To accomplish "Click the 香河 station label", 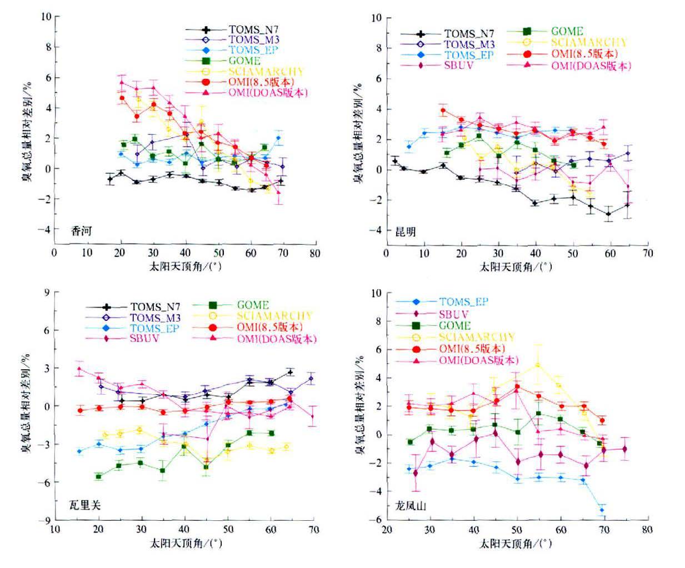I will click(81, 231).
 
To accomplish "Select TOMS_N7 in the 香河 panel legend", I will click(253, 29).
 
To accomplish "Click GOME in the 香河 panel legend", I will click(244, 61).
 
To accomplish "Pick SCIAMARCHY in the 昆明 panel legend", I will click(588, 42).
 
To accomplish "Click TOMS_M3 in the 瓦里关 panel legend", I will click(155, 318).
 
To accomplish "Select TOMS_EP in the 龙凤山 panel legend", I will click(463, 302).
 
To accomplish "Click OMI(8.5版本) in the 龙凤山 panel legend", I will click(472, 349).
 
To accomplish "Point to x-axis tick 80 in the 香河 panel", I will click(315, 253).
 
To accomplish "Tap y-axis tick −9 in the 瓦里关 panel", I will click(47, 520).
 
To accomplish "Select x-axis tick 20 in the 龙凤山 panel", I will click(387, 530).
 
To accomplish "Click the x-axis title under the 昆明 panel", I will click(516, 267).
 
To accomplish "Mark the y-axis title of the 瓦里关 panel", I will click(26, 406).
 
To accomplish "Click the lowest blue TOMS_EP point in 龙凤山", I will click(602, 510).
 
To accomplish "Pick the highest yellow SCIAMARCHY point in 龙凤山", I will click(537, 365).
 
